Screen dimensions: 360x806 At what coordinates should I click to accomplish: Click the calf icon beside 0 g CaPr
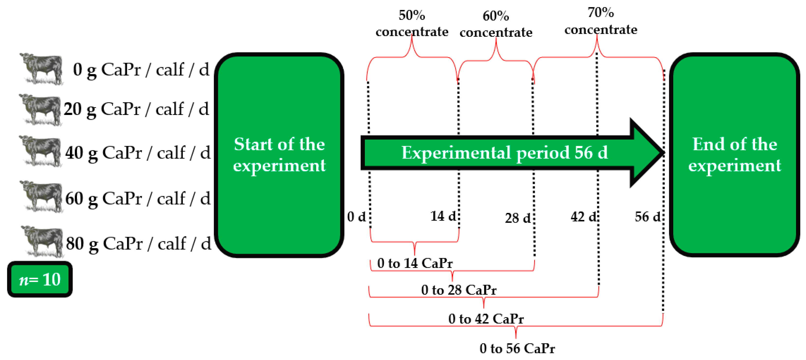tap(42, 68)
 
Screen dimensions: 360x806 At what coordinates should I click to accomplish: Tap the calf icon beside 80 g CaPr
tap(42, 241)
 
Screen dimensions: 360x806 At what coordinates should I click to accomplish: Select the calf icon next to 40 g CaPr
tap(41, 151)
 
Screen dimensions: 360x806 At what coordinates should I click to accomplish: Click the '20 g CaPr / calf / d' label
tap(136, 109)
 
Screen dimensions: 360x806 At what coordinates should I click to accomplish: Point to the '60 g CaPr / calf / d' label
tap(138, 198)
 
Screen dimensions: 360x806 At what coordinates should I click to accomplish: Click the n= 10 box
tap(40, 279)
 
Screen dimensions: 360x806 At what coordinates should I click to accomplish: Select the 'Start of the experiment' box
tap(279, 155)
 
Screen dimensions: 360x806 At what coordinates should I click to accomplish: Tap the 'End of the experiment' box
tap(734, 155)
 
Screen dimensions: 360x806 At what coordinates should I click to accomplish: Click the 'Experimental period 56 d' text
tap(504, 153)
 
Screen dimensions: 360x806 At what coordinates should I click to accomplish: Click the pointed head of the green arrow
tap(648, 153)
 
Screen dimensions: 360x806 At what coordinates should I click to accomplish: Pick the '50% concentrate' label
tap(412, 23)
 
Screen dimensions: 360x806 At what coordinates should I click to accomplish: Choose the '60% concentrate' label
tap(496, 24)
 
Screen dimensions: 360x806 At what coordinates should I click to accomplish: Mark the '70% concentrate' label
tap(600, 21)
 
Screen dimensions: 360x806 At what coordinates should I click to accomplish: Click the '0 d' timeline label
tap(356, 217)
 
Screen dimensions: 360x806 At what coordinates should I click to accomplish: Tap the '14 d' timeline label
tap(443, 216)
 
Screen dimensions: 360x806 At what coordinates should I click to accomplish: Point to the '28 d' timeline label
tap(518, 218)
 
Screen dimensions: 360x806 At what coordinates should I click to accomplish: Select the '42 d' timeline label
tap(583, 217)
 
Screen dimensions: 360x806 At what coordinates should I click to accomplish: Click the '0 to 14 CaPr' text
tap(415, 263)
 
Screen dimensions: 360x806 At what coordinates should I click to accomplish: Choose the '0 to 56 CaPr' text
tap(517, 348)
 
